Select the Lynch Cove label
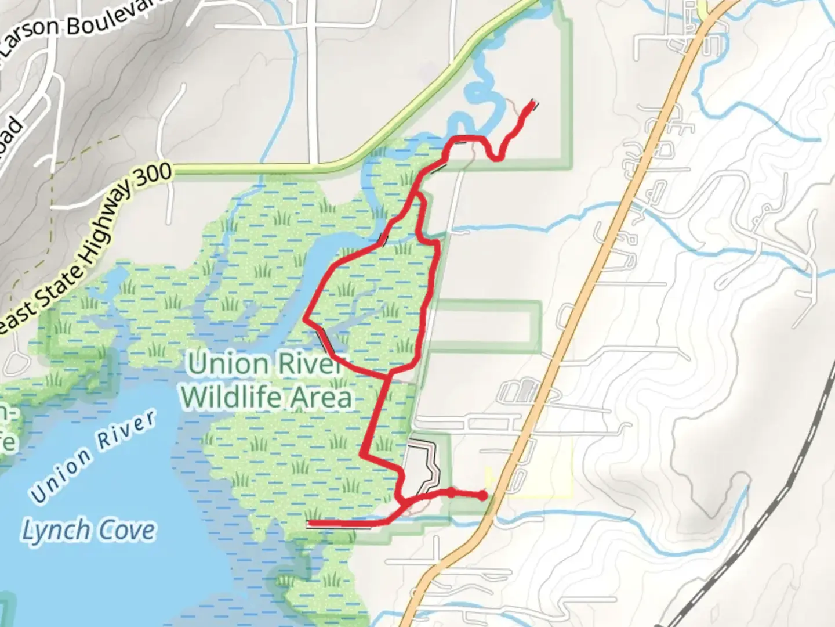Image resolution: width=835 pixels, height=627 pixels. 89,531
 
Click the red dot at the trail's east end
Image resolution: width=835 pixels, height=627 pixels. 482,496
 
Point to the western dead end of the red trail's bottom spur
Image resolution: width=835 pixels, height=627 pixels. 310,524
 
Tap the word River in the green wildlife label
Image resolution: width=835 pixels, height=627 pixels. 307,364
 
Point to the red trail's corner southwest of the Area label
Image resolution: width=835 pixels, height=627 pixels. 363,455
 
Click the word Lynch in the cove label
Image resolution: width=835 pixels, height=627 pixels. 56,531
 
